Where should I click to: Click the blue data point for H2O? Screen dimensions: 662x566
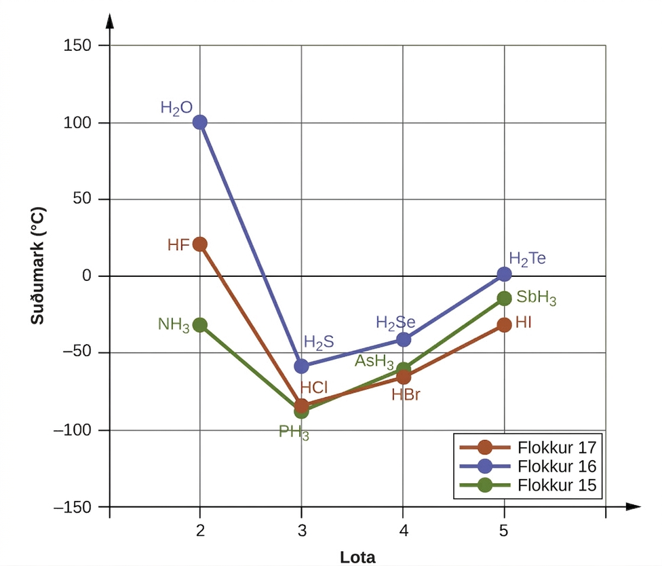pos(199,122)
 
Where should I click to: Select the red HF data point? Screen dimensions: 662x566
pos(199,244)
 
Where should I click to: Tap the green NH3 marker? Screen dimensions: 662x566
pos(199,325)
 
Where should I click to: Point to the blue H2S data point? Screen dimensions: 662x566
pos(301,366)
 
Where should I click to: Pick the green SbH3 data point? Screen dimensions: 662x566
pos(504,299)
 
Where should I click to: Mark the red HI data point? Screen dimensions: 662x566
pos(504,325)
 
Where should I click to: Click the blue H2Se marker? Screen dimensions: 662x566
pos(403,339)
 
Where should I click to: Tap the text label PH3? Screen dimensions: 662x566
pos(294,432)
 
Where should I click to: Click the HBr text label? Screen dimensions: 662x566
pos(406,394)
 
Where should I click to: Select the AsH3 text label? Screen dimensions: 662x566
pos(374,362)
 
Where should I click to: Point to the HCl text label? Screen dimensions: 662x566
pos(313,388)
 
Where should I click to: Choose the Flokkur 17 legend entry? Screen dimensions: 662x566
pos(528,447)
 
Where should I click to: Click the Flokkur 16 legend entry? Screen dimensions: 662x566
pos(528,466)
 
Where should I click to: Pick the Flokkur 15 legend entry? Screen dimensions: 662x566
pos(528,485)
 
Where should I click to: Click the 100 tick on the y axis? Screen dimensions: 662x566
pos(77,123)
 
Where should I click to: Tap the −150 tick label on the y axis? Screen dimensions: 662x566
pos(73,507)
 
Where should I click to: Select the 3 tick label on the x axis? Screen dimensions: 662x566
pos(301,531)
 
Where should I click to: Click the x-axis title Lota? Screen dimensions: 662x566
pos(357,557)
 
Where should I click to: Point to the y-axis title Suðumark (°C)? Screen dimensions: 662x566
pos(38,265)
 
